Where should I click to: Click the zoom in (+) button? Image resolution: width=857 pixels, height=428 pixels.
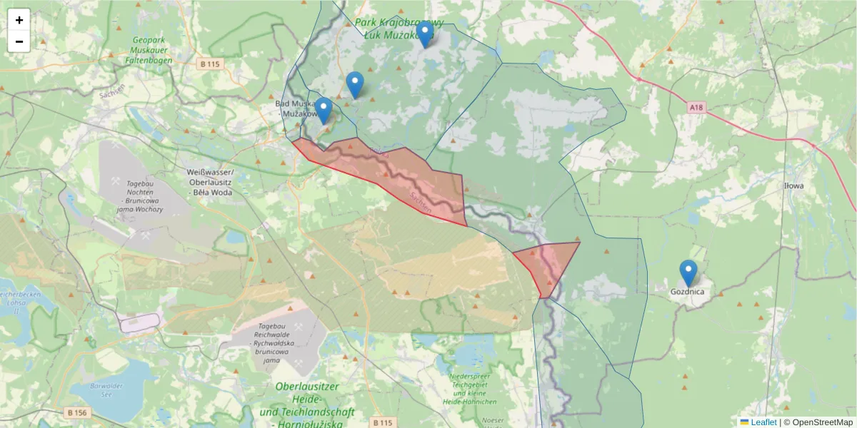pyautogui.click(x=19, y=20)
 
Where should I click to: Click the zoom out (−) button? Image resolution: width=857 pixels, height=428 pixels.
pyautogui.click(x=19, y=41)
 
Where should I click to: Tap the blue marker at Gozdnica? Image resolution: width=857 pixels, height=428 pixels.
pyautogui.click(x=688, y=273)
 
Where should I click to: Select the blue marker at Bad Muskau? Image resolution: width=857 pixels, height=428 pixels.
pyautogui.click(x=324, y=111)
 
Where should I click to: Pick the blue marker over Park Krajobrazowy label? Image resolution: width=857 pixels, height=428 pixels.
pyautogui.click(x=425, y=34)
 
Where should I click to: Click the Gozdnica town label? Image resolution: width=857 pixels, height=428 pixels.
pyautogui.click(x=688, y=292)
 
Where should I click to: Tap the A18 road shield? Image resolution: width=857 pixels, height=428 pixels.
pyautogui.click(x=697, y=107)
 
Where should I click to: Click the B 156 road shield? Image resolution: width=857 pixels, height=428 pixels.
pyautogui.click(x=77, y=412)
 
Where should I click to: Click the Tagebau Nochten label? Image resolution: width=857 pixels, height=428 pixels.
pyautogui.click(x=140, y=193)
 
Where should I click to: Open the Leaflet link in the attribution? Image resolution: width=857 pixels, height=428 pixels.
pyautogui.click(x=763, y=422)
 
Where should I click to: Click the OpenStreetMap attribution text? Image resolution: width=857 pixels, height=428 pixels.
pyautogui.click(x=818, y=422)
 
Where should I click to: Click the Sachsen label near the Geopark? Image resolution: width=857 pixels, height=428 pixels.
pyautogui.click(x=113, y=92)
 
